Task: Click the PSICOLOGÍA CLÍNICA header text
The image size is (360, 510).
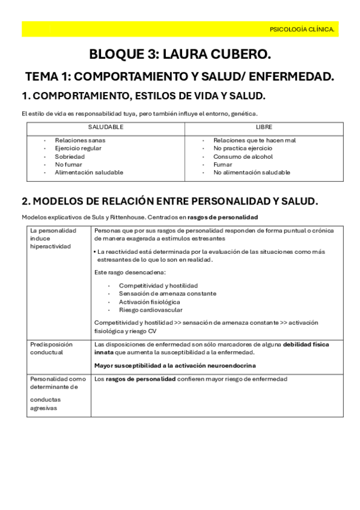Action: point(302,29)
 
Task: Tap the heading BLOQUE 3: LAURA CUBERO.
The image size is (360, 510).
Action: point(180,55)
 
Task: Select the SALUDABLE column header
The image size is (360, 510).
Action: point(106,127)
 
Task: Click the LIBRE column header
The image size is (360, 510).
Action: point(264,127)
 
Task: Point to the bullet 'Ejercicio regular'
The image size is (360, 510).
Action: point(78,148)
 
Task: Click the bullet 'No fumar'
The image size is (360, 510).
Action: point(69,164)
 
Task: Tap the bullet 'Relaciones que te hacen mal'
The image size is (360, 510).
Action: point(254,140)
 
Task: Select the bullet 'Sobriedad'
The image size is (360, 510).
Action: point(70,156)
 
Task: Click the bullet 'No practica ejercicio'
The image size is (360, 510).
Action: point(243,148)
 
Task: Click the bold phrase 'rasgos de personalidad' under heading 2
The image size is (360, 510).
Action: point(222,217)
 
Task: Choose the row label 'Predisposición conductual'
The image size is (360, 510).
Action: point(51,348)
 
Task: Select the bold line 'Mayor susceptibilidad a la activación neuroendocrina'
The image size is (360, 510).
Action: point(175,365)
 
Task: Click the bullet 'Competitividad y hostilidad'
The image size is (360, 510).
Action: point(158,285)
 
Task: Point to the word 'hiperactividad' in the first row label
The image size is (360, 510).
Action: point(50,246)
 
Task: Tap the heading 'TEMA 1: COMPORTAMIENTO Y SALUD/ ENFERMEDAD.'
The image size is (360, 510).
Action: point(180,76)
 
